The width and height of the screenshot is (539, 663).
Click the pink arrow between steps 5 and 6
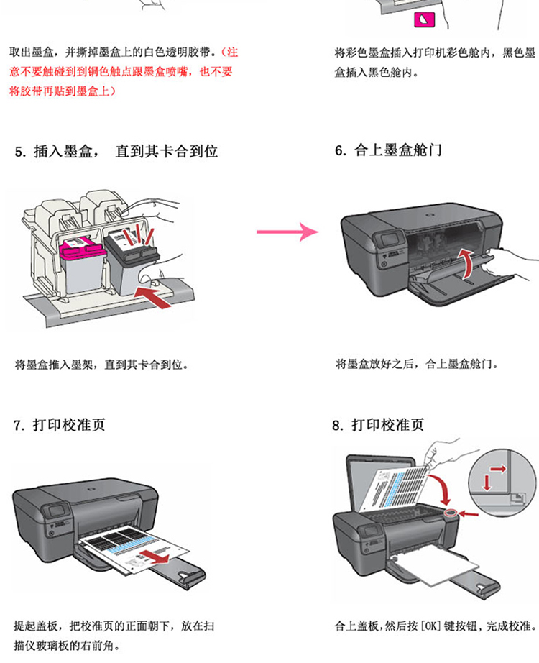pyautogui.click(x=287, y=232)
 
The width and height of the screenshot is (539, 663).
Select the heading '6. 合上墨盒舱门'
pyautogui.click(x=388, y=150)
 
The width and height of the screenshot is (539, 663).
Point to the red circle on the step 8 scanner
pyautogui.click(x=451, y=513)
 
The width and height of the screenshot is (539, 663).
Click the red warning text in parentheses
pyautogui.click(x=122, y=72)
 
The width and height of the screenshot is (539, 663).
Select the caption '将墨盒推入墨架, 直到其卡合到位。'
pyautogui.click(x=101, y=365)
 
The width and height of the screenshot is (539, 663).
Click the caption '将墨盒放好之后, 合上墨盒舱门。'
pyautogui.click(x=417, y=364)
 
